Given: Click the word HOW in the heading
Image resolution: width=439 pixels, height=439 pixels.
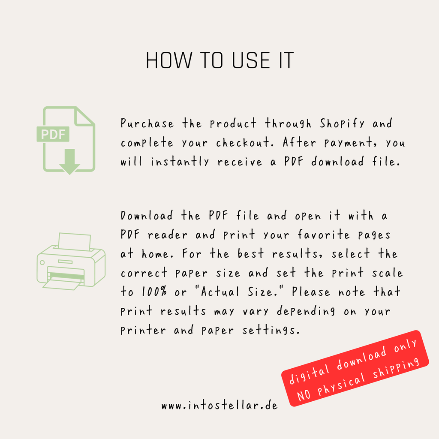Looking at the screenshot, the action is coord(169,60).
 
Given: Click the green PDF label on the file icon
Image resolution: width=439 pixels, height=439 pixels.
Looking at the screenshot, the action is coord(53,134).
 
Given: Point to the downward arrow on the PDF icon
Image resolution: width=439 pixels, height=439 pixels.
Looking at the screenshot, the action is coord(70,162).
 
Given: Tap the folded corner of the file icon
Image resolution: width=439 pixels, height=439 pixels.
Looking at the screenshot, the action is coord(84,117).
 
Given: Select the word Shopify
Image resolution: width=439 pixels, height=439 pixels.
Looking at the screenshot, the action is coord(342,124).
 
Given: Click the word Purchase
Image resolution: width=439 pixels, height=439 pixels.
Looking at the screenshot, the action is coord(147,123).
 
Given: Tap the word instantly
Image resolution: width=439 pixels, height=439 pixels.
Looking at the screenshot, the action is coord(180,162).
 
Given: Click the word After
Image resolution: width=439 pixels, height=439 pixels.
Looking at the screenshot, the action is coord(299,142).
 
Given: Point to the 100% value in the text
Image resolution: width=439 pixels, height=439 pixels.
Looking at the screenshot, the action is coord(154,292).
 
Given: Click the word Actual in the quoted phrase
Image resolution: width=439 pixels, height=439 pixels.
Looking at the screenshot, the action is coord(220,292).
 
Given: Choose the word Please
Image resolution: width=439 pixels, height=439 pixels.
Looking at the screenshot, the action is coord(311,292).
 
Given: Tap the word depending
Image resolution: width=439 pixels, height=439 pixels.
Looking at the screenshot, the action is coord(306,311).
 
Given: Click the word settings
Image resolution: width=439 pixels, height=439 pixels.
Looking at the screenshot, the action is coord(271,330).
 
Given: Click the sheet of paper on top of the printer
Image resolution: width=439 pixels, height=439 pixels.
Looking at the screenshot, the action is coord(75,242).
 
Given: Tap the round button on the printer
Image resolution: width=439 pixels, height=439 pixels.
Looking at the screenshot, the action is coord(42,263).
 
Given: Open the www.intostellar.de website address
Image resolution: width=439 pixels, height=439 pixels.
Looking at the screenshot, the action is coord(219,406).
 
